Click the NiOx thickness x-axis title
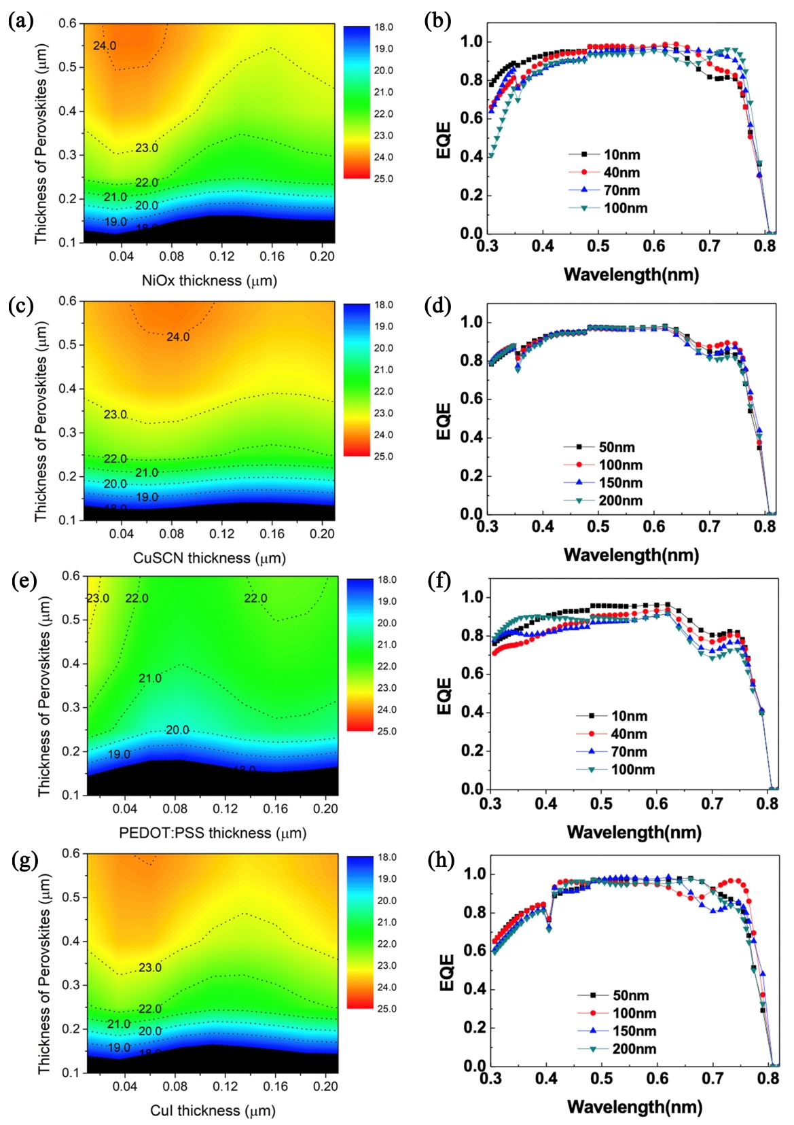click(x=209, y=281)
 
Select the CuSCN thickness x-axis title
click(x=209, y=558)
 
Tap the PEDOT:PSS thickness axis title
click(x=213, y=833)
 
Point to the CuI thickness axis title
click(x=213, y=1111)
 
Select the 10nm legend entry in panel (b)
click(x=621, y=155)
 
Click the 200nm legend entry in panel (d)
click(x=620, y=501)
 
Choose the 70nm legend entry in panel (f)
click(x=629, y=751)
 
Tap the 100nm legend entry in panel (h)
click(x=634, y=1013)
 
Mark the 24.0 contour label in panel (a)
click(x=105, y=46)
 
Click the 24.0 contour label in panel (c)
click(x=178, y=337)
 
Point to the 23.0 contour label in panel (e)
click(x=98, y=599)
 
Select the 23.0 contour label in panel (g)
click(x=150, y=967)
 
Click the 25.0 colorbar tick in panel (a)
click(x=383, y=179)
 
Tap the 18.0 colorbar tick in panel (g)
click(x=387, y=857)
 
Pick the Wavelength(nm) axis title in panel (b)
click(x=631, y=275)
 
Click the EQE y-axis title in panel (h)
click(x=446, y=972)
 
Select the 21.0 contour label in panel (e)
click(x=150, y=678)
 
